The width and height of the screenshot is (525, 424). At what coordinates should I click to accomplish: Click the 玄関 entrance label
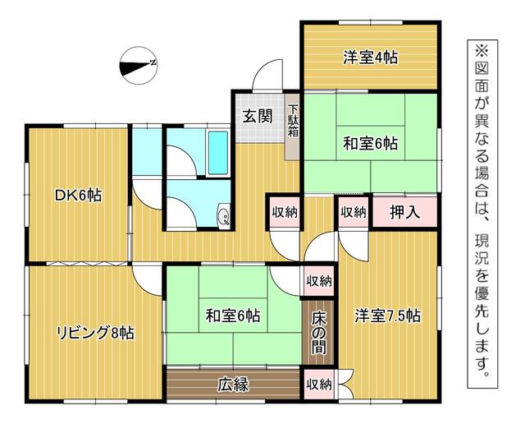257,117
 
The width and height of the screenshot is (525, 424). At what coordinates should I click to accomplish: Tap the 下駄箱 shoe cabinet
292,127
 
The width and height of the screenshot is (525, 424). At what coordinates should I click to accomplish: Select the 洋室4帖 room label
370,58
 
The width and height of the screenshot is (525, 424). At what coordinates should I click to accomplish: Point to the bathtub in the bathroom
218,153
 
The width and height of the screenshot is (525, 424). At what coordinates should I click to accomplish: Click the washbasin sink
223,215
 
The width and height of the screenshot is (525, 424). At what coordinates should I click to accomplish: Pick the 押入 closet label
404,212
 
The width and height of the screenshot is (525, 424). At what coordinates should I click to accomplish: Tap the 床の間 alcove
318,333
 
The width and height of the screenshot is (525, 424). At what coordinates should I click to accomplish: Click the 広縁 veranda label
233,385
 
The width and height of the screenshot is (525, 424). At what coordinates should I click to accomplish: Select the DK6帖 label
78,196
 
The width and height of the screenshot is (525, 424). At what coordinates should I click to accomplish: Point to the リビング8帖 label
96,333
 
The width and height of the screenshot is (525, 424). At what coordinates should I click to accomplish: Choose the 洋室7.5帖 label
387,316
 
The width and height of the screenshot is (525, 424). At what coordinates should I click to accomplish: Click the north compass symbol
139,65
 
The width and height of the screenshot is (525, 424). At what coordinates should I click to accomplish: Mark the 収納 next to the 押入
354,212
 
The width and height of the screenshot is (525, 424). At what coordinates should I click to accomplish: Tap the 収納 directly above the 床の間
319,282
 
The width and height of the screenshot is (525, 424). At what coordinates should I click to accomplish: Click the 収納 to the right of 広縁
319,385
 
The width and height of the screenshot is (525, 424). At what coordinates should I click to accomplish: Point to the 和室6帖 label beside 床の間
233,316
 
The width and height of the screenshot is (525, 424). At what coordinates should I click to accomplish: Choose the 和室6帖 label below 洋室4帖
370,144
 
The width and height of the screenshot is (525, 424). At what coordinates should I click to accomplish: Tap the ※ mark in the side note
482,52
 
